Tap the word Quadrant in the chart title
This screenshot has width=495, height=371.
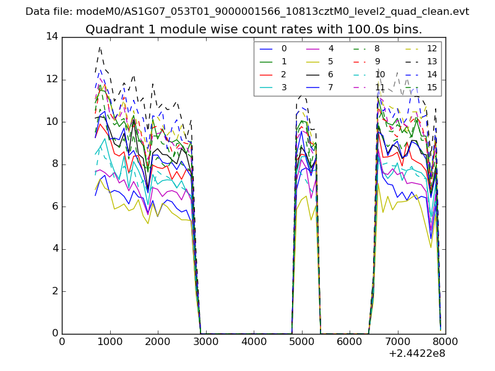[x=110, y=30]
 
